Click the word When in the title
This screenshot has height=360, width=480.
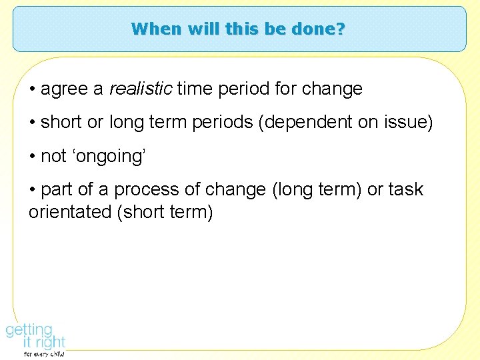150,29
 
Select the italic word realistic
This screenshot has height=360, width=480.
140,89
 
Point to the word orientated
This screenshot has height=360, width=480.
71,213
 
